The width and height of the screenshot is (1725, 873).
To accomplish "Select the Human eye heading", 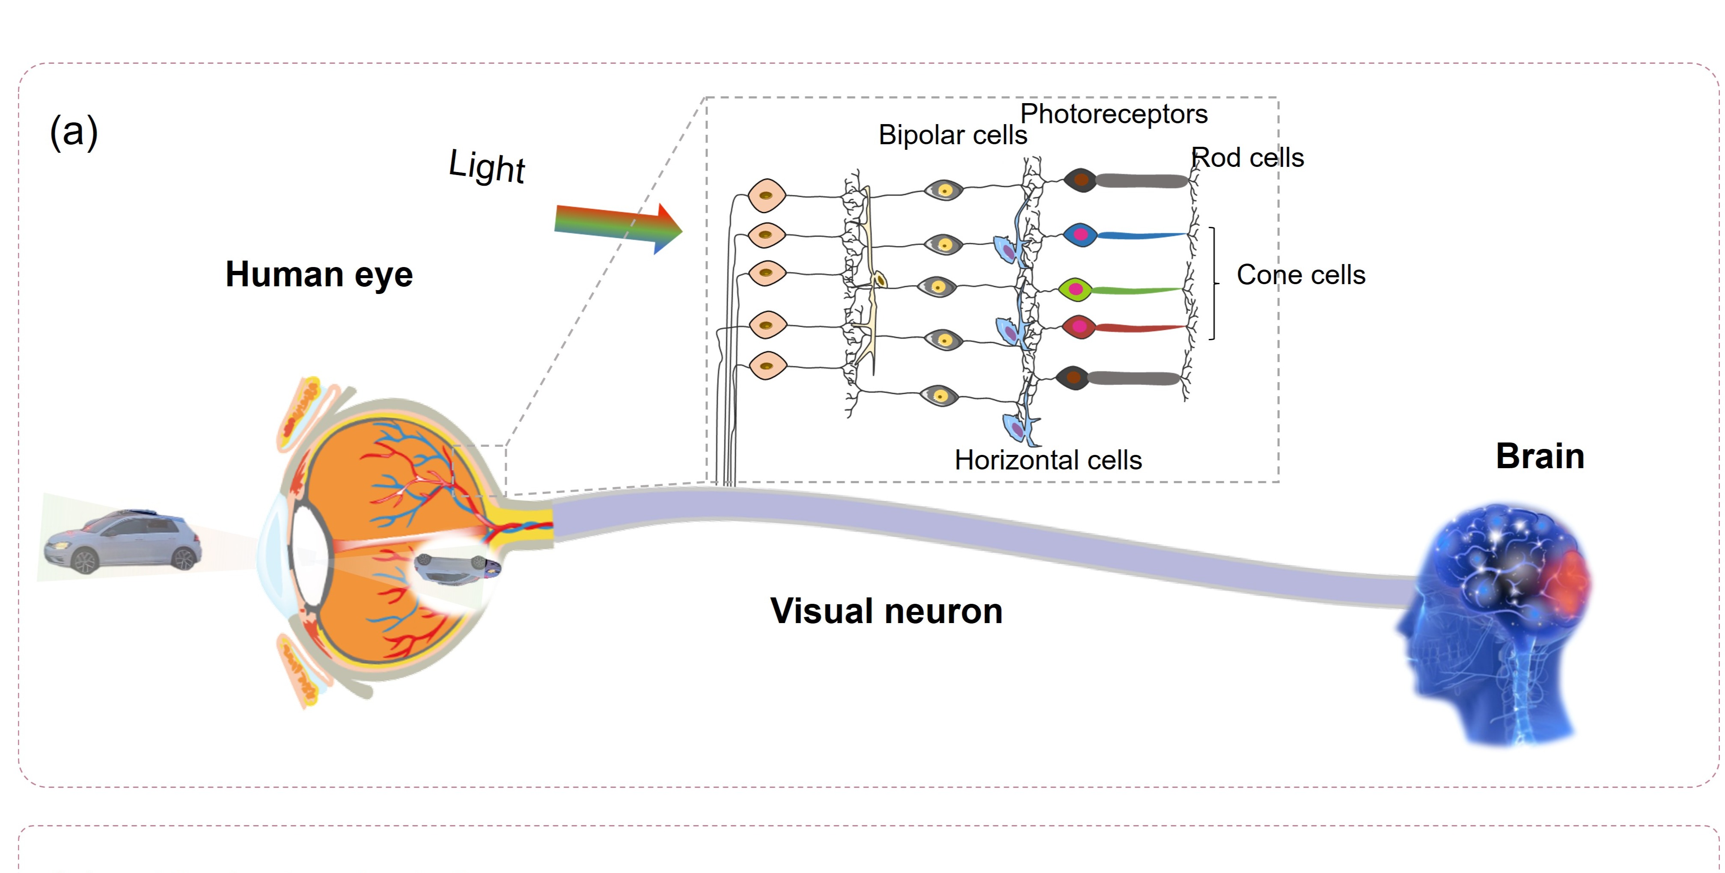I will pyautogui.click(x=319, y=274).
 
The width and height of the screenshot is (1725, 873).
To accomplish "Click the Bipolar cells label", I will pyautogui.click(x=952, y=135).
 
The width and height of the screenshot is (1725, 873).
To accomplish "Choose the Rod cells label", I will pyautogui.click(x=1248, y=158).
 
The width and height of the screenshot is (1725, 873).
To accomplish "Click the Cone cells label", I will pyautogui.click(x=1300, y=275).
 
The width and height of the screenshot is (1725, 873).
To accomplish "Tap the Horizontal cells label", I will pyautogui.click(x=1048, y=460).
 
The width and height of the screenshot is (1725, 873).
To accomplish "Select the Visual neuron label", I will pyautogui.click(x=886, y=611).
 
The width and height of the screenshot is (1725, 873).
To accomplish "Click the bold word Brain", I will pyautogui.click(x=1540, y=457).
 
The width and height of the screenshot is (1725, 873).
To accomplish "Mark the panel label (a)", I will pyautogui.click(x=74, y=132).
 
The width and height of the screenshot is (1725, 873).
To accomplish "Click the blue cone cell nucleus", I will pyautogui.click(x=1080, y=235).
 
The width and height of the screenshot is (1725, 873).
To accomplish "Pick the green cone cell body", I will pyautogui.click(x=1075, y=289).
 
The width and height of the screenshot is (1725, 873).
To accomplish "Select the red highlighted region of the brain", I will pyautogui.click(x=1571, y=579).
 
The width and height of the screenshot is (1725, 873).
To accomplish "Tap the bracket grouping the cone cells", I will pyautogui.click(x=1214, y=284).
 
